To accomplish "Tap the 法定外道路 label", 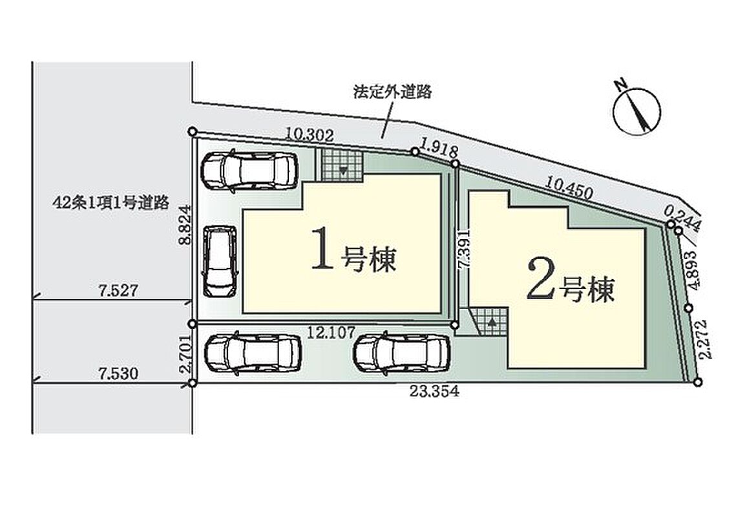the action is pos(392,92).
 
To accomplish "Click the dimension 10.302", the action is pos(309,135).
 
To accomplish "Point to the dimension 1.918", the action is pos(439,149).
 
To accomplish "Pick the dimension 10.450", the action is pos(570,187).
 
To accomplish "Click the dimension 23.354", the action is pos(434,391).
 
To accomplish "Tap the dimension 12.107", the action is pos(331,332).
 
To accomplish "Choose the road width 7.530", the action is pos(119,373).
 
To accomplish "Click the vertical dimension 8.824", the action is pos(185,224).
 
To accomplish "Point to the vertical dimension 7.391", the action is pos(463,249).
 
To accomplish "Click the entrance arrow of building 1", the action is pos(342,169).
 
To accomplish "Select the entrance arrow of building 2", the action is pos(492,322).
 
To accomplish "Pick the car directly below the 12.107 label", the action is pos(402,352).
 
